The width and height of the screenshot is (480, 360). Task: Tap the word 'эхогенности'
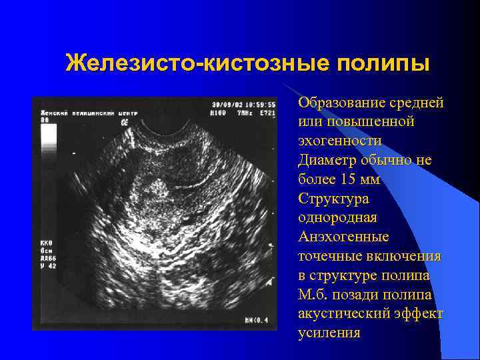click(x=340, y=141)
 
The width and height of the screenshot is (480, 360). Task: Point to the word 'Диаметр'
click(x=327, y=160)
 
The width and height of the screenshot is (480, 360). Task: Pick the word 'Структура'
click(x=333, y=199)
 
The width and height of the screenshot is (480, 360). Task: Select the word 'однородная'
click(x=337, y=218)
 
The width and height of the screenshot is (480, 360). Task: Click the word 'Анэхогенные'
click(x=343, y=237)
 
